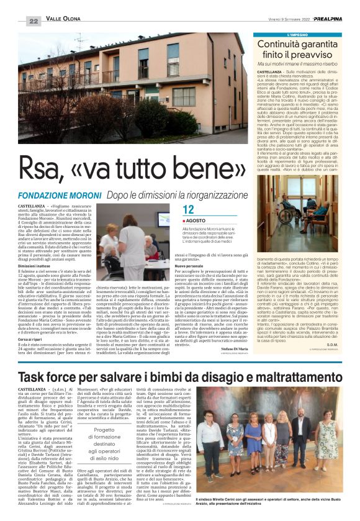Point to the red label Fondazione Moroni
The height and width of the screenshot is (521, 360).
click(x=70, y=195)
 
